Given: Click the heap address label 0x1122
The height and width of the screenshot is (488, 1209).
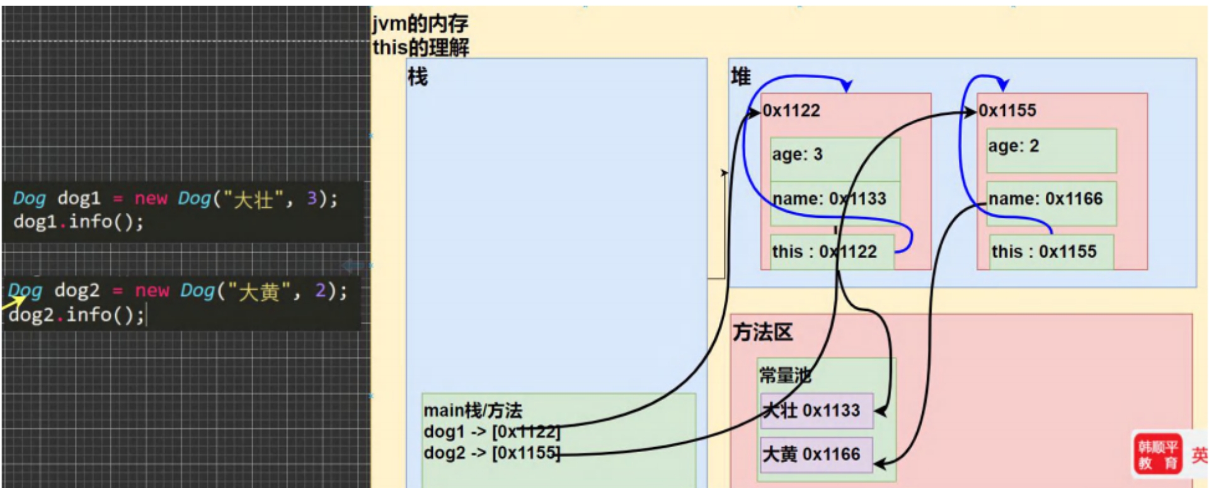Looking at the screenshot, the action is (x=791, y=111).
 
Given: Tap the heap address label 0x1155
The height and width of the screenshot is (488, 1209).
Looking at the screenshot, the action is (x=1007, y=111).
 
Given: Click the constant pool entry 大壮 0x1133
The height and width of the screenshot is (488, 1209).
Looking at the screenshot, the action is (x=816, y=411).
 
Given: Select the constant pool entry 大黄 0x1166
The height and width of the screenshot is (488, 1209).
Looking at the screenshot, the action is (x=816, y=454).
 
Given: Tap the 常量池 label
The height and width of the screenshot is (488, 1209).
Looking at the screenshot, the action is (x=784, y=376).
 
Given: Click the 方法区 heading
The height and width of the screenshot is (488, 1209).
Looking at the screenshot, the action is (x=762, y=332).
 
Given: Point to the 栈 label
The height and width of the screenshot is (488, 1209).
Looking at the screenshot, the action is (x=417, y=77).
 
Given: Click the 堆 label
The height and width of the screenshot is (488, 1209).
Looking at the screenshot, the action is (x=740, y=77).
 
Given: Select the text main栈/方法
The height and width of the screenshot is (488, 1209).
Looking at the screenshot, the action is (x=473, y=411).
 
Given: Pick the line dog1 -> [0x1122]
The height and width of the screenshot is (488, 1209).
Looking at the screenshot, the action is (x=491, y=432).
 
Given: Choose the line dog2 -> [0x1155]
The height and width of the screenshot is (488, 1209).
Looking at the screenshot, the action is (x=491, y=453).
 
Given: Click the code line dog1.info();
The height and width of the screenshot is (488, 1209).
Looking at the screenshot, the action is (x=79, y=222).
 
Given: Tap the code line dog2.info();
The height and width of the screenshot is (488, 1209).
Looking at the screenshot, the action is (x=76, y=314).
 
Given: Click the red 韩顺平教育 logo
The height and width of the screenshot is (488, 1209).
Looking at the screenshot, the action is (x=1157, y=455).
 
